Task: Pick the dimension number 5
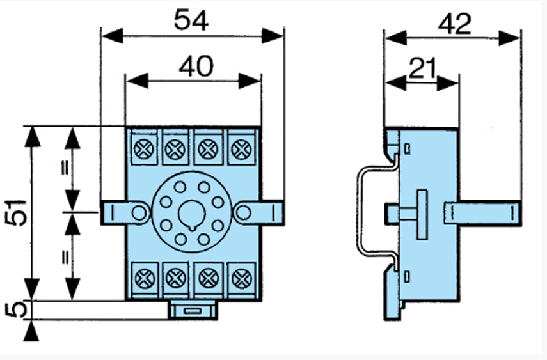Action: [19, 310]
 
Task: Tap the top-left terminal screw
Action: [141, 150]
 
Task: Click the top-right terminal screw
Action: [241, 150]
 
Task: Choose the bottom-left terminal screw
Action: [141, 278]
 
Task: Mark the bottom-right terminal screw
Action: [241, 278]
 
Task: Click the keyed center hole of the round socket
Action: [190, 213]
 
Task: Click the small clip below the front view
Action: [192, 310]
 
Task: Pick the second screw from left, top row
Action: [174, 150]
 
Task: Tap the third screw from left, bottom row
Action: [207, 278]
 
